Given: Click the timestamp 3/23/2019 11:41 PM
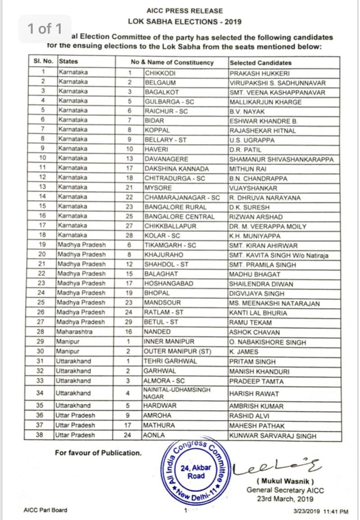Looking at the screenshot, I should click(320, 511).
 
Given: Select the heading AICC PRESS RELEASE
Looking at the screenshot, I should click(184, 11).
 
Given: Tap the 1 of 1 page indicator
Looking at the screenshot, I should click(45, 29).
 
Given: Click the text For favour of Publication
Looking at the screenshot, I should click(98, 453).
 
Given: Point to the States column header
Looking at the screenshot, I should click(68, 62).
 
